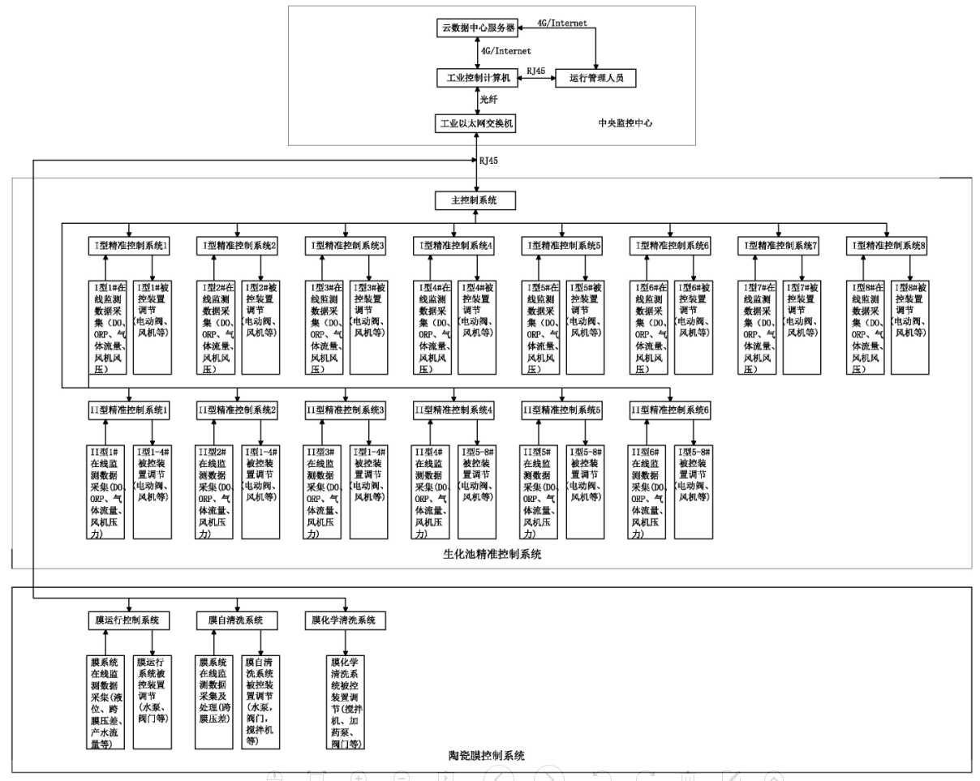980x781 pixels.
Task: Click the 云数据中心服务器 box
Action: point(476,27)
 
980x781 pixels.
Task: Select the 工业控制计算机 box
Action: point(476,78)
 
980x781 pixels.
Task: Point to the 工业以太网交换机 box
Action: point(476,123)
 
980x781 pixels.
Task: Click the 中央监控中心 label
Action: point(625,124)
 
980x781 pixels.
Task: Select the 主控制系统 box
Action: point(476,200)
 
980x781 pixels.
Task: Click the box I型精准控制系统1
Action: point(129,245)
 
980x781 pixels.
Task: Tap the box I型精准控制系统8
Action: point(888,245)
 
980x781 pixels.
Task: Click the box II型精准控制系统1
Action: point(129,410)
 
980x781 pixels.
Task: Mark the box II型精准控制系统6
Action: point(671,410)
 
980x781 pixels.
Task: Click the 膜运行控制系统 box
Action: point(129,620)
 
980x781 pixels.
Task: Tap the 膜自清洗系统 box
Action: point(238,620)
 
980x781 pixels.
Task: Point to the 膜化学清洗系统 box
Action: point(345,620)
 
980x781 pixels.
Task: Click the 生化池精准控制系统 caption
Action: point(492,555)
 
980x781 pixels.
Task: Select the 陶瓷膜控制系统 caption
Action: point(487,756)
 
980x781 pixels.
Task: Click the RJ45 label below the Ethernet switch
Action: point(489,161)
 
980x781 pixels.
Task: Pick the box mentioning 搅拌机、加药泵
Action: point(344,702)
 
